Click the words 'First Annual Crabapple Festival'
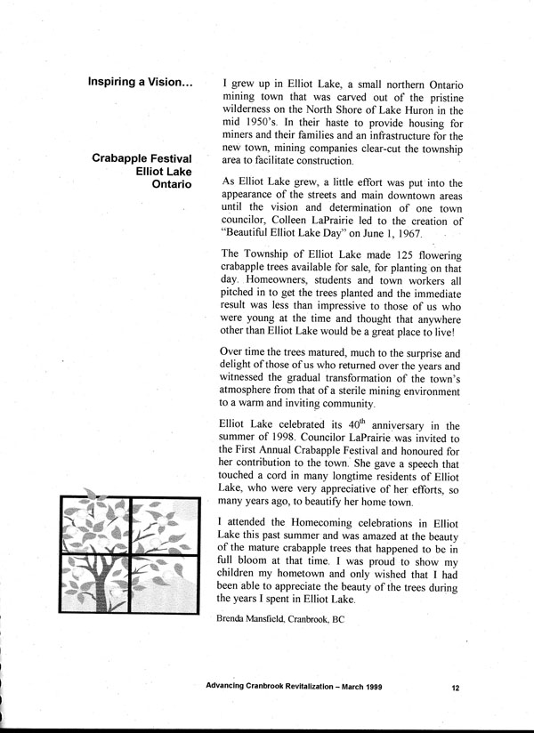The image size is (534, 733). click(322, 452)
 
